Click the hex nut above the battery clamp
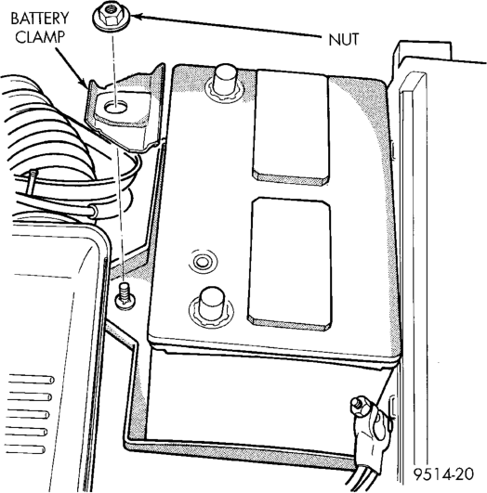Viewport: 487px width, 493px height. (112, 18)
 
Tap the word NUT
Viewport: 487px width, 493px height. (344, 40)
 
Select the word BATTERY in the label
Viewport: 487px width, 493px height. (40, 19)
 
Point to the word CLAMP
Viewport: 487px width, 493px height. (40, 37)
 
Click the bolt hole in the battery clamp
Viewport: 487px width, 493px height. (115, 109)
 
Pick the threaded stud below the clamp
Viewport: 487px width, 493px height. (125, 296)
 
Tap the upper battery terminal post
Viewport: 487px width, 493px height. (225, 83)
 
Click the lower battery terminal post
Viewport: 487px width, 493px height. (211, 305)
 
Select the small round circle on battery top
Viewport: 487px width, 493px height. (201, 262)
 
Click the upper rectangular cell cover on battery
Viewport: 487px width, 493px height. (290, 127)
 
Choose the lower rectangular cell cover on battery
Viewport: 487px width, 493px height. (290, 264)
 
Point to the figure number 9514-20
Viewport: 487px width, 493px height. (444, 474)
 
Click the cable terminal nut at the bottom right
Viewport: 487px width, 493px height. (360, 407)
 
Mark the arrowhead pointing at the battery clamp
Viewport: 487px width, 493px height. (84, 84)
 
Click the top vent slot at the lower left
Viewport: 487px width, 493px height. (31, 379)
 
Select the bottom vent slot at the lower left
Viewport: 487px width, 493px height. (25, 449)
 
